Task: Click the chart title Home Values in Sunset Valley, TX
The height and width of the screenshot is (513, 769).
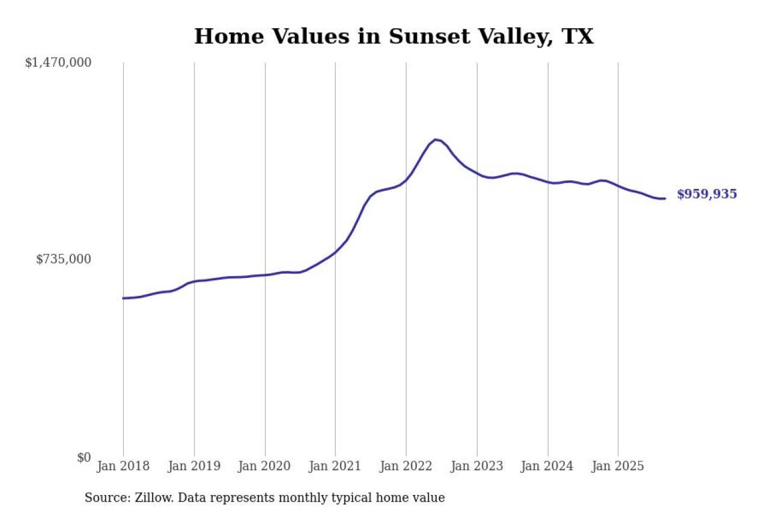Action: (x=394, y=37)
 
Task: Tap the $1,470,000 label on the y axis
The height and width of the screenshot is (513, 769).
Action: (x=58, y=63)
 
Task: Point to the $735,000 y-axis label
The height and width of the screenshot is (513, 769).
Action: (x=64, y=259)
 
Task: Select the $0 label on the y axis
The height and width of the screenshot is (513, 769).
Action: (x=84, y=457)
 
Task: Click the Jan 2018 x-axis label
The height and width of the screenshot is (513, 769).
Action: (x=123, y=467)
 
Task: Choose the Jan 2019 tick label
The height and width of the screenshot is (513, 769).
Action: (x=194, y=467)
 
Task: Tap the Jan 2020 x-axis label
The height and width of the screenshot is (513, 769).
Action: (x=265, y=467)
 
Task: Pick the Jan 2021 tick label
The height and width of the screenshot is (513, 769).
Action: (x=335, y=467)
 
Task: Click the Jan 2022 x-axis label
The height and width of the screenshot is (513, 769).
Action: (x=406, y=467)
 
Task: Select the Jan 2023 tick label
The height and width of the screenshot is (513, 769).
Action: (x=477, y=467)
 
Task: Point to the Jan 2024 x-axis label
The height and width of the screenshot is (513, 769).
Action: (x=547, y=467)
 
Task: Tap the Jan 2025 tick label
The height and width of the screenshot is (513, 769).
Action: (x=618, y=467)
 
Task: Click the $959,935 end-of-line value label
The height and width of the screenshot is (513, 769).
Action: (x=707, y=194)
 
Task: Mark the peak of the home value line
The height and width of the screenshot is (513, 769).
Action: (x=436, y=140)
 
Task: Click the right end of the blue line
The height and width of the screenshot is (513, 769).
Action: (x=664, y=198)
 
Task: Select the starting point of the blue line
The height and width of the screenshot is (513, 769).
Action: (x=123, y=298)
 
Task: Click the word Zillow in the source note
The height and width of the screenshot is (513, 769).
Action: (x=148, y=498)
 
